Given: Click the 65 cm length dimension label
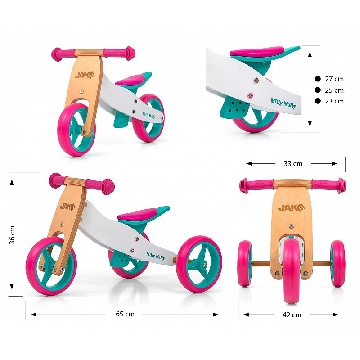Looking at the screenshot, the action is click(x=125, y=314).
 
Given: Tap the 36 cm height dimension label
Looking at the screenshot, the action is click(x=12, y=235).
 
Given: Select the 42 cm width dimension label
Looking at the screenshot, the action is click(x=292, y=315).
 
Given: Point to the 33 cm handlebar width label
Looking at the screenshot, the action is click(x=293, y=164).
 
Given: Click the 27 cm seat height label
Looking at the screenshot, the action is click(x=334, y=79).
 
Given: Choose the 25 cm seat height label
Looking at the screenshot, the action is click(x=334, y=90).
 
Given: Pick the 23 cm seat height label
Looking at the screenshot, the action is click(x=334, y=101).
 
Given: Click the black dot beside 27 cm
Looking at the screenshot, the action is click(x=318, y=79).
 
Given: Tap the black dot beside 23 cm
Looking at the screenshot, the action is click(x=318, y=101).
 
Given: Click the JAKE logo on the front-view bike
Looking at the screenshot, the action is click(x=292, y=207).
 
